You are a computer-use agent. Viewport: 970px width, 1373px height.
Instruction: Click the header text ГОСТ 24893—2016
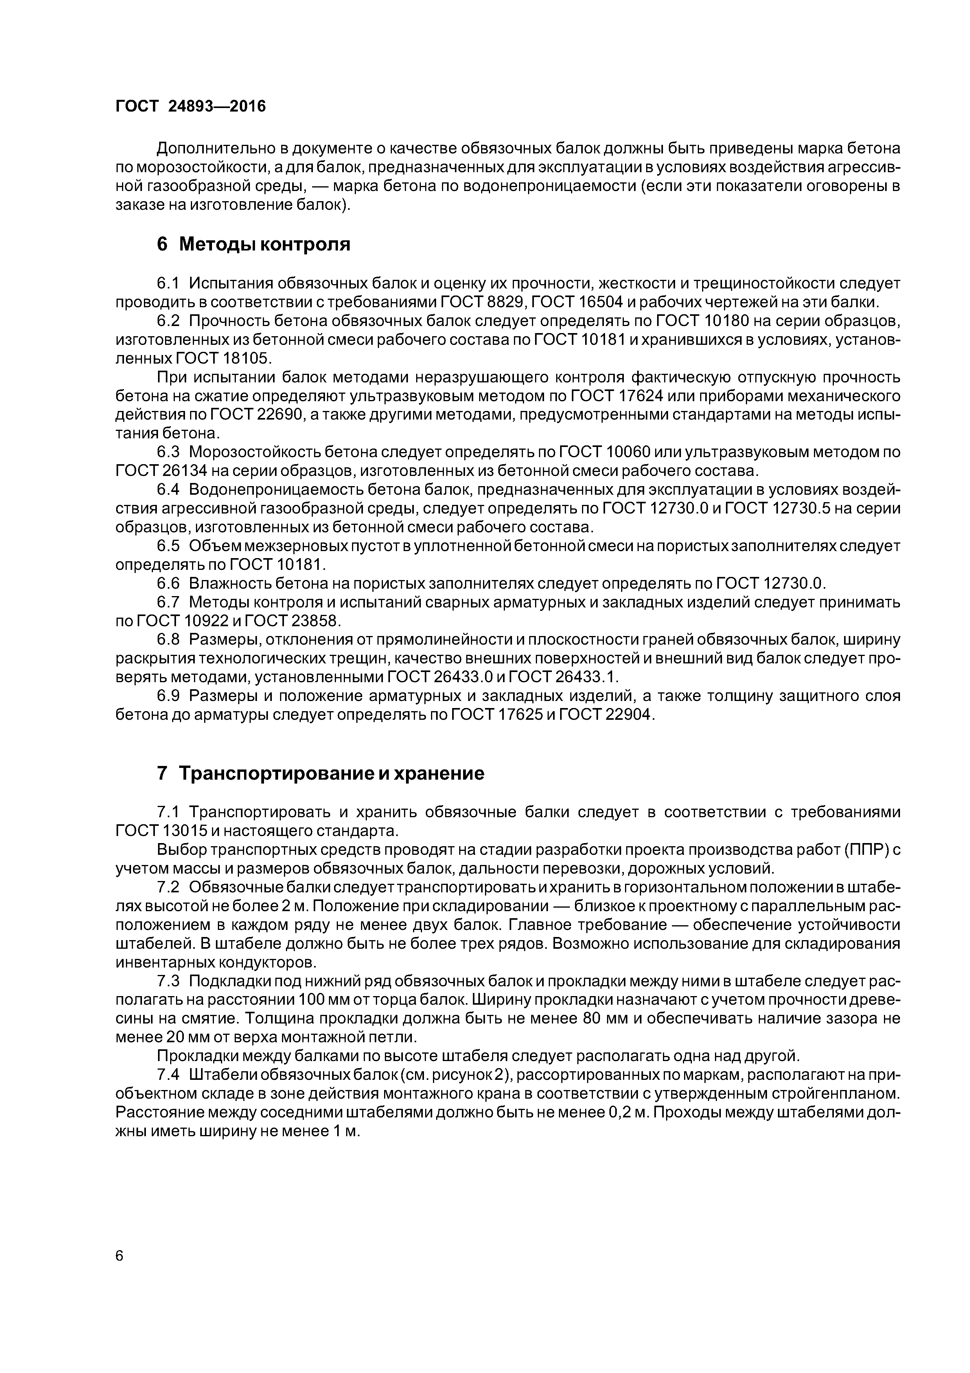[x=190, y=106]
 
